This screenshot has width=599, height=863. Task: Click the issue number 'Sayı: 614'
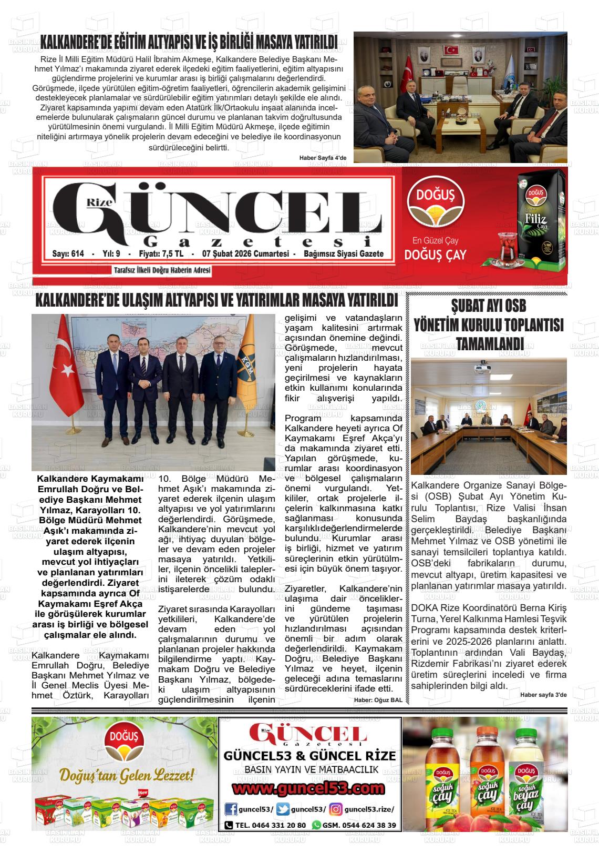68,254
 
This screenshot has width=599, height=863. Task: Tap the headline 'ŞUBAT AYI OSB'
488,306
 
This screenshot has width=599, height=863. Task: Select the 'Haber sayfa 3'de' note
543,695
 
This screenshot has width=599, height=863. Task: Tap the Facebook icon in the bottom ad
230,809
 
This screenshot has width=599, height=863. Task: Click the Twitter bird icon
283,809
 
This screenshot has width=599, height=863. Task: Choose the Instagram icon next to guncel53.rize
336,809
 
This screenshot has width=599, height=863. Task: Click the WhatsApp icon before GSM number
316,825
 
